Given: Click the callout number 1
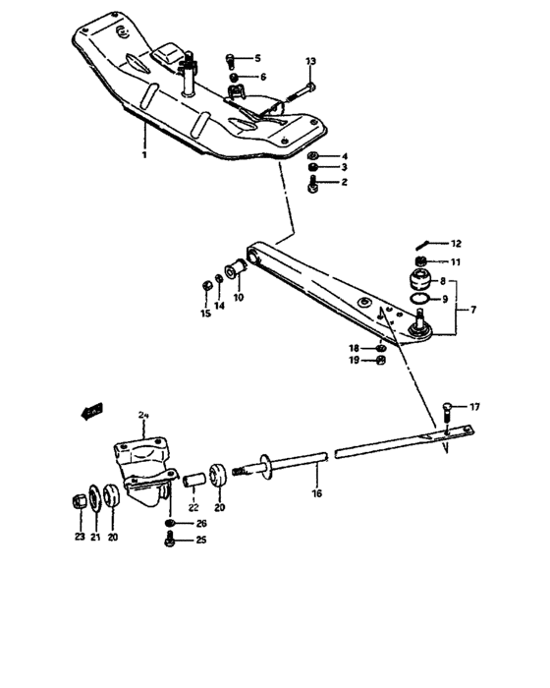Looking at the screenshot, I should pyautogui.click(x=143, y=155).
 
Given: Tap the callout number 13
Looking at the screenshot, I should pyautogui.click(x=311, y=62).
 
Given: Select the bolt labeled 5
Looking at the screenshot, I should pyautogui.click(x=231, y=59).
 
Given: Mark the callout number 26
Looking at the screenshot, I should pyautogui.click(x=201, y=523).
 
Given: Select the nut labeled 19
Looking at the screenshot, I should pyautogui.click(x=382, y=361).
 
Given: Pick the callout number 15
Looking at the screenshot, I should pyautogui.click(x=206, y=315).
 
